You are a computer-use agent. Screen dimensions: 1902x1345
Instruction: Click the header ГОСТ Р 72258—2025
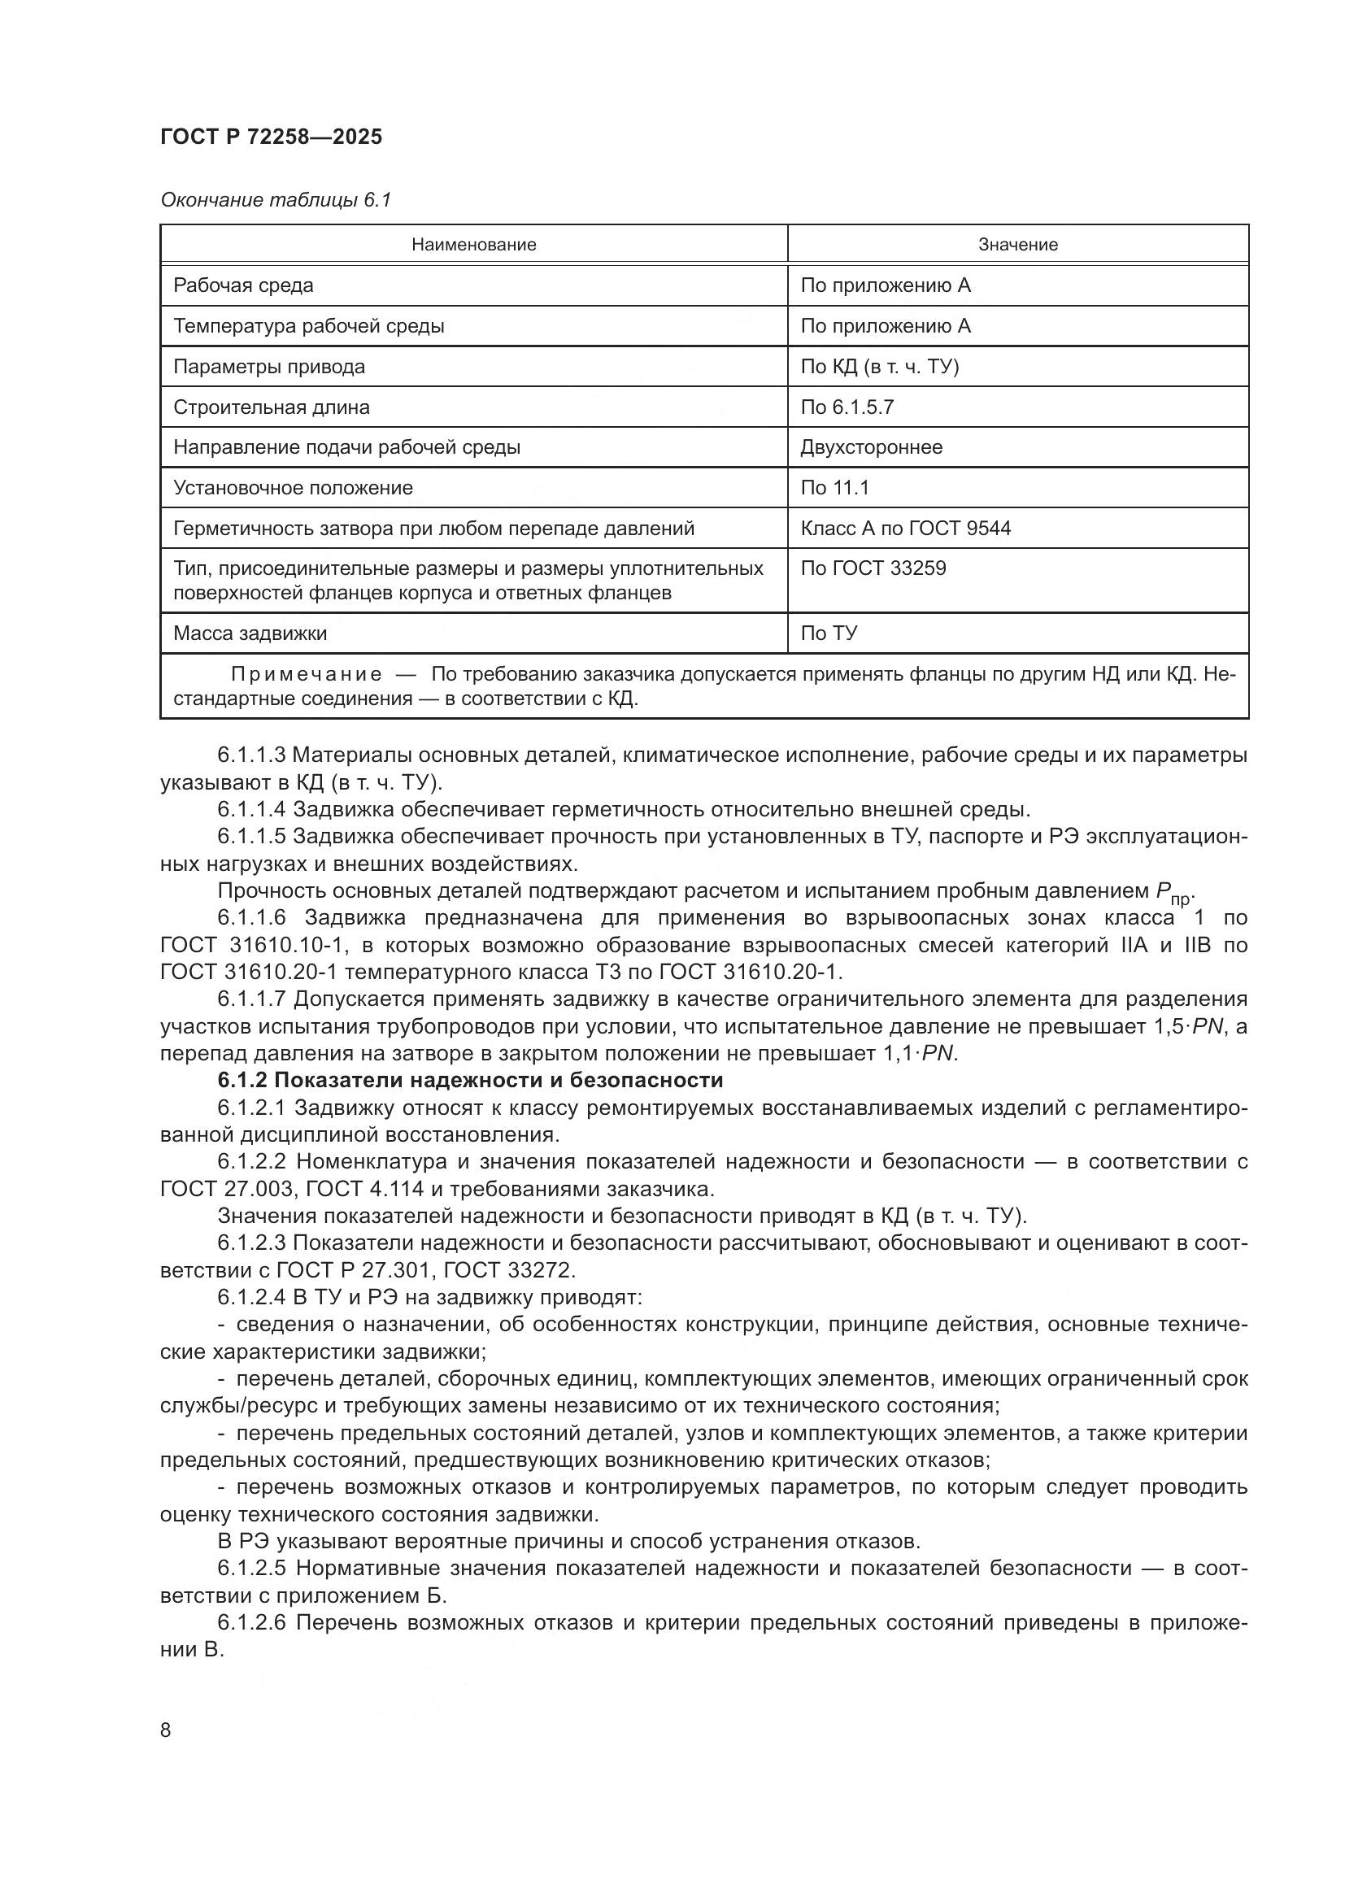pos(271,137)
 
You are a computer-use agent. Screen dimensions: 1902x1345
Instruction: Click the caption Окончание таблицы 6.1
pos(275,201)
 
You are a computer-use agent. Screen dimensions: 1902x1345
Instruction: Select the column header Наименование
pos(474,245)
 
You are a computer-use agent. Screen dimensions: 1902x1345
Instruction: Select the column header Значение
pos(1017,245)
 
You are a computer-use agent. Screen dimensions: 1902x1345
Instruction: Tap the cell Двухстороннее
pos(870,447)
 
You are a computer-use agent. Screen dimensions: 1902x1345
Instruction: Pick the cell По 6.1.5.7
pos(847,407)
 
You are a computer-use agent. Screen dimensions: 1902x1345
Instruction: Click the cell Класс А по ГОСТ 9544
pos(904,529)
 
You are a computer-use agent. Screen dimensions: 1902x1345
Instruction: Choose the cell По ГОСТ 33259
pos(872,568)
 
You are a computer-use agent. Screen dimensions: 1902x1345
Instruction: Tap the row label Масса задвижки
pos(250,633)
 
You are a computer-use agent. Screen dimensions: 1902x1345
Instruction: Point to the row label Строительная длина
pos(271,407)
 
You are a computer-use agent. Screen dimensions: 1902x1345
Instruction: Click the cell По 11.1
pos(834,488)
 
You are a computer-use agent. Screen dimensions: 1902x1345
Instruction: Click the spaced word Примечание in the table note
pos(307,674)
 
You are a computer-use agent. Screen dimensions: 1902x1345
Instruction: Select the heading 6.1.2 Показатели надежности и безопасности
pos(470,1080)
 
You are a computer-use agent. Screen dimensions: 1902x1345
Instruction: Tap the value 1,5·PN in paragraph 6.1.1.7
pos(1187,1027)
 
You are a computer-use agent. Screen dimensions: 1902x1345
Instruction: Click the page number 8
pos(166,1730)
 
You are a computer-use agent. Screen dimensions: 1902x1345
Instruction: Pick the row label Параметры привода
pos(268,366)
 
